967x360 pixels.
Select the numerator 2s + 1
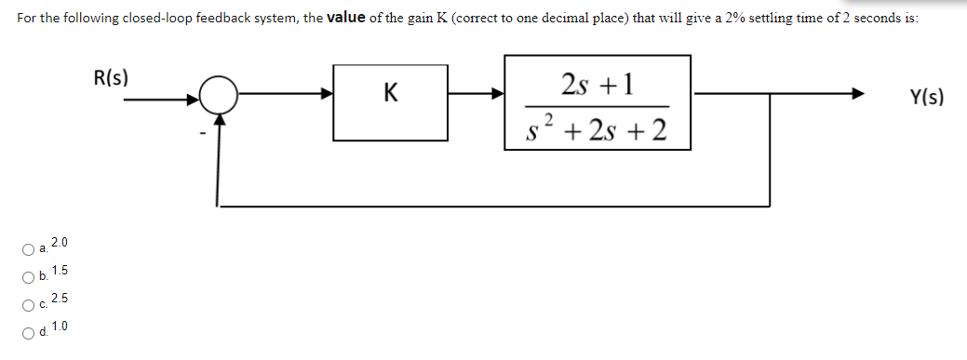click(x=597, y=84)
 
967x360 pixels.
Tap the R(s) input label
click(x=112, y=77)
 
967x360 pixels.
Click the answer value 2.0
click(x=60, y=244)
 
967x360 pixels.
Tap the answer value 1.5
click(x=60, y=271)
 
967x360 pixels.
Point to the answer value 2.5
click(x=60, y=299)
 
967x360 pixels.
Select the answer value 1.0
click(x=60, y=326)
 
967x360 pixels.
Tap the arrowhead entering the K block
click(x=327, y=94)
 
